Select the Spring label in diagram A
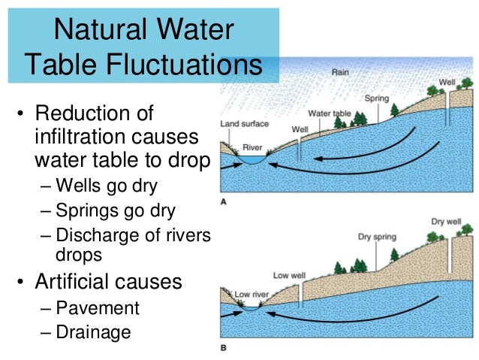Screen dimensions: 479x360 [375, 98]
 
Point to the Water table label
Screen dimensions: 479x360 [330, 113]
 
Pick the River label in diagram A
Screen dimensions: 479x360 [252, 148]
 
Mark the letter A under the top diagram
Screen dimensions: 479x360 [224, 201]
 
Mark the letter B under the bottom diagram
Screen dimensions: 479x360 [224, 348]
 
